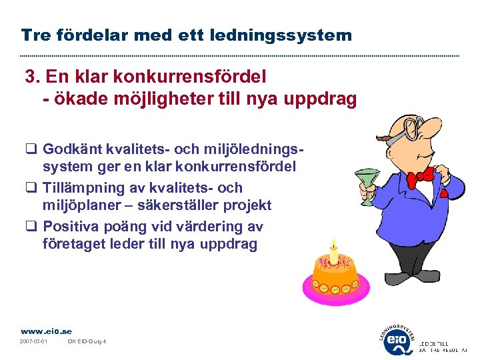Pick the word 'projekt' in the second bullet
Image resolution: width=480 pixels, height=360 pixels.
[x=248, y=205]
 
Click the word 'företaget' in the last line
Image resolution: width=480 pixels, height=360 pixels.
[x=73, y=244]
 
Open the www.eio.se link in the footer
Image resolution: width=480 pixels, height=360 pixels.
[x=46, y=331]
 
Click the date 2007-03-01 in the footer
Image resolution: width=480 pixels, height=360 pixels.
[x=33, y=343]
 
